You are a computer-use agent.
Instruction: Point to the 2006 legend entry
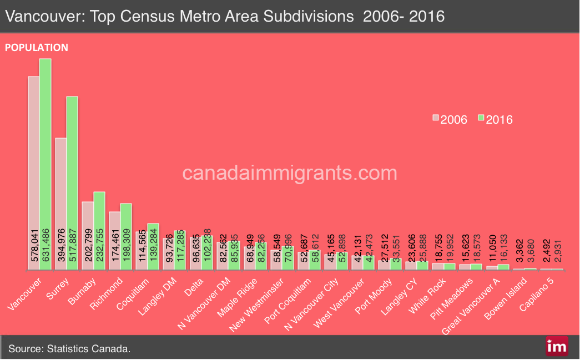click(x=450, y=119)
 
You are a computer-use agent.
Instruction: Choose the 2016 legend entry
click(x=495, y=119)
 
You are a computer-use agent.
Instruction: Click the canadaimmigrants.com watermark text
click(x=290, y=173)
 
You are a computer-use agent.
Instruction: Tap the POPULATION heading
click(x=37, y=48)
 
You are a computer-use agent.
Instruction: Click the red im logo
click(x=556, y=346)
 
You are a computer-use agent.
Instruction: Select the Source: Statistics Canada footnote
click(x=69, y=349)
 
